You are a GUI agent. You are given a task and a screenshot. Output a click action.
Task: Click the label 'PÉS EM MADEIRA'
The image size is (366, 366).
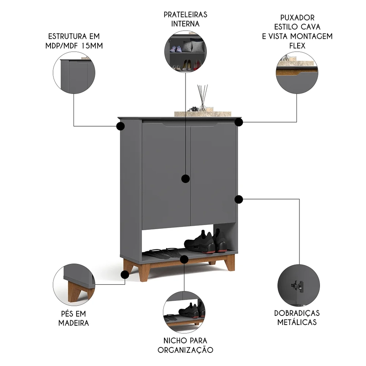pyautogui.click(x=74, y=318)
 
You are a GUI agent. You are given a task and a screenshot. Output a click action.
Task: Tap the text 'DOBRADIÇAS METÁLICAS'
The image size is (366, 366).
pyautogui.click(x=296, y=317)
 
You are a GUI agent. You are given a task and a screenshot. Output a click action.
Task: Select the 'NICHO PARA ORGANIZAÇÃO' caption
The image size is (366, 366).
pyautogui.click(x=185, y=345)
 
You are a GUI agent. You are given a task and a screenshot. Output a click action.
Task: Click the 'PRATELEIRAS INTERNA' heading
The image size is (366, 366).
pyautogui.click(x=185, y=19)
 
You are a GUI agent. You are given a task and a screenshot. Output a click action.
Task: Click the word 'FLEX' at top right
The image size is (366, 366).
pyautogui.click(x=296, y=45)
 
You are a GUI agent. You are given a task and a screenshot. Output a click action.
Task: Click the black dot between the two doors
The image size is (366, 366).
pyautogui.click(x=186, y=179)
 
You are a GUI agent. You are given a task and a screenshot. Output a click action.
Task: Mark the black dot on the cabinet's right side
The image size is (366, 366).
pyautogui.click(x=239, y=199)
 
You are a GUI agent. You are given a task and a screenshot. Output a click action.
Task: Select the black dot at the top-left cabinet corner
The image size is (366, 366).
pyautogui.click(x=120, y=127)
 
